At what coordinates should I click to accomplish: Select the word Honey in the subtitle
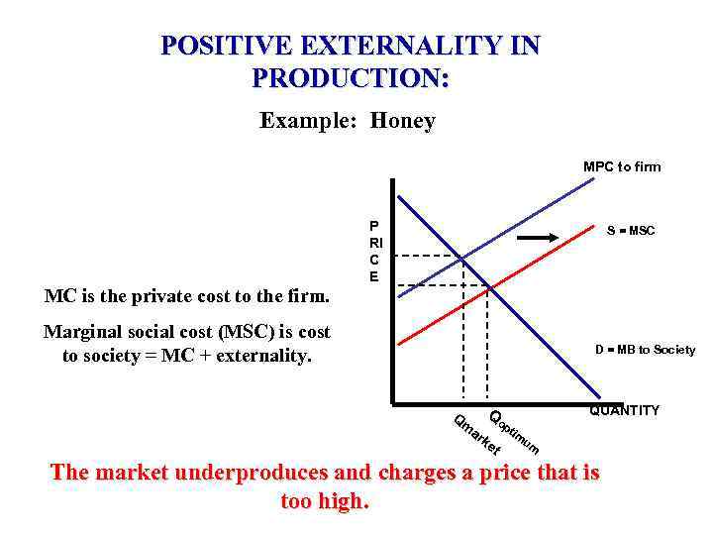click(x=403, y=121)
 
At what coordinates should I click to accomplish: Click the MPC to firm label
click(x=622, y=166)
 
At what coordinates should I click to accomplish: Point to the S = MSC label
click(x=631, y=231)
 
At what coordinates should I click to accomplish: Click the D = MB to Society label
click(x=645, y=349)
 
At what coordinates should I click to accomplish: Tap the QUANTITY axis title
click(x=624, y=410)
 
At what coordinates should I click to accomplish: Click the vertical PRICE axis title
click(x=374, y=251)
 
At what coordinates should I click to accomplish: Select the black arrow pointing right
click(x=544, y=238)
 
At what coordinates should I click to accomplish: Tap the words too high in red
click(x=325, y=500)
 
